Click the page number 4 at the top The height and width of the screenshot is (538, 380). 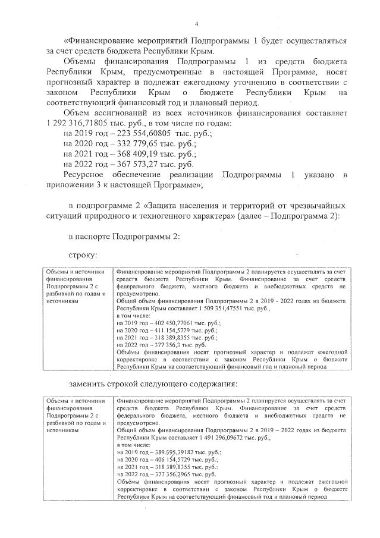pyautogui.click(x=196, y=23)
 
